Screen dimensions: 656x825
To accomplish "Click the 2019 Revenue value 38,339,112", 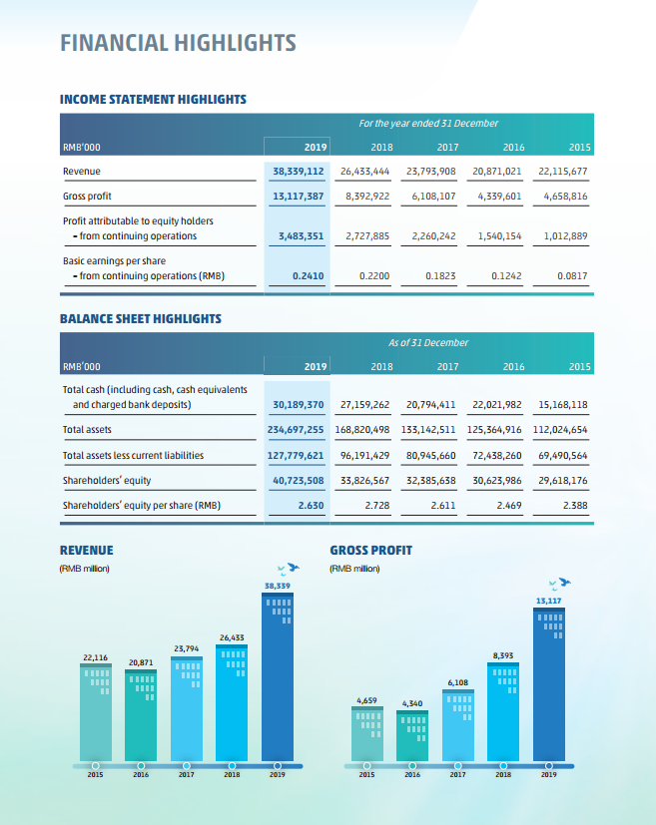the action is point(298,171).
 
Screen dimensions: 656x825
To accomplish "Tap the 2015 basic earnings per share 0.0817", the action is point(572,275).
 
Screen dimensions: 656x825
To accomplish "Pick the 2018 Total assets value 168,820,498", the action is point(362,429).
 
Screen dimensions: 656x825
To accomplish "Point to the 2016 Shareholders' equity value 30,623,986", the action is point(497,481).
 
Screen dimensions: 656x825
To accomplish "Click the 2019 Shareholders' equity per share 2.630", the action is point(311,505).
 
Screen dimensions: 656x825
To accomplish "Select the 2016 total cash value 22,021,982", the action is point(497,405).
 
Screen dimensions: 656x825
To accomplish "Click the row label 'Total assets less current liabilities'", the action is point(133,455).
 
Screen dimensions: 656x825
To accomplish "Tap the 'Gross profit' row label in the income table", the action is point(87,197).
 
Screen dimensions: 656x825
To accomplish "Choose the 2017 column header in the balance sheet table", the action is point(447,367).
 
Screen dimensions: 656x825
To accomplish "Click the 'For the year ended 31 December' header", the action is point(428,123).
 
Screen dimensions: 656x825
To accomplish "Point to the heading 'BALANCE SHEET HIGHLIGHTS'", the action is point(141,319).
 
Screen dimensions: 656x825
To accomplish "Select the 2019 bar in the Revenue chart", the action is point(278,676).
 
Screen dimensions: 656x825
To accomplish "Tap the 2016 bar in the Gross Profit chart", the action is point(412,735).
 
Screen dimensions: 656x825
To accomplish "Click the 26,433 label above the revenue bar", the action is point(232,637).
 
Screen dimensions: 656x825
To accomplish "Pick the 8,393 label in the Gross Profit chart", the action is point(503,655).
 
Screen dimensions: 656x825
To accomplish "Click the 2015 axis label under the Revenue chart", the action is point(95,774).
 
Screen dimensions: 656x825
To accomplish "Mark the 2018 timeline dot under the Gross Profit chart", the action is point(503,766).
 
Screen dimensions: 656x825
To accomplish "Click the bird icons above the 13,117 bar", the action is point(560,584).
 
